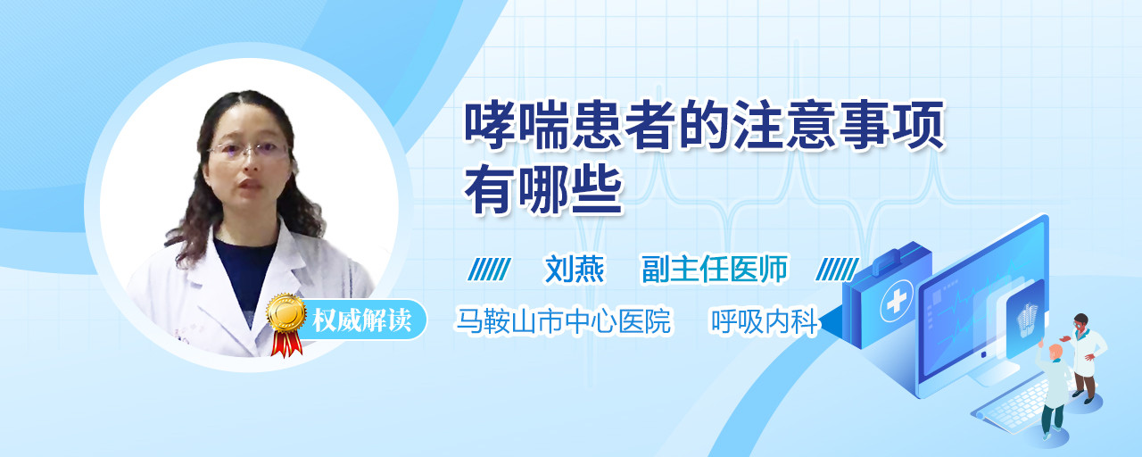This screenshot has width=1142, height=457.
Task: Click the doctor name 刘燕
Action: (x=574, y=269)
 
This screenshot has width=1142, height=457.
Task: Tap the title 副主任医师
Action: (x=715, y=269)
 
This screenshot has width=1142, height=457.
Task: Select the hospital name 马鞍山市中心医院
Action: (x=563, y=320)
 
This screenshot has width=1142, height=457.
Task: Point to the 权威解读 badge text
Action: (x=362, y=320)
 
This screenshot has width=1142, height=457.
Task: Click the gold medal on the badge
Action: (x=286, y=312)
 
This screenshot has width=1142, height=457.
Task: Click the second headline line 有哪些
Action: (x=543, y=192)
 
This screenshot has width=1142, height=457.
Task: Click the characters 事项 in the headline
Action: (x=892, y=125)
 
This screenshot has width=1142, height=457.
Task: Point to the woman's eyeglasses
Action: (x=249, y=150)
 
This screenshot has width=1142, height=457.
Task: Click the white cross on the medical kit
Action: (x=897, y=302)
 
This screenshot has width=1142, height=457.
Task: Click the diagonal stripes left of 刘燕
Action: (x=490, y=270)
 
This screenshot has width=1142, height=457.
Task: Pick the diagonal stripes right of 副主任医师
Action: (x=837, y=270)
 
